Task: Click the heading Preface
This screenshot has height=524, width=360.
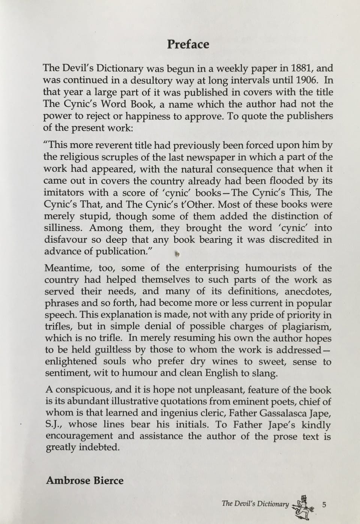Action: tap(188, 44)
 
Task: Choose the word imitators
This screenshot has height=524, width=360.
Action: tap(63, 193)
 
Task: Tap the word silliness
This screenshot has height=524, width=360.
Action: tap(63, 228)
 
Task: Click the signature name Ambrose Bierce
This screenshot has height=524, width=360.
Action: tap(84, 481)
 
